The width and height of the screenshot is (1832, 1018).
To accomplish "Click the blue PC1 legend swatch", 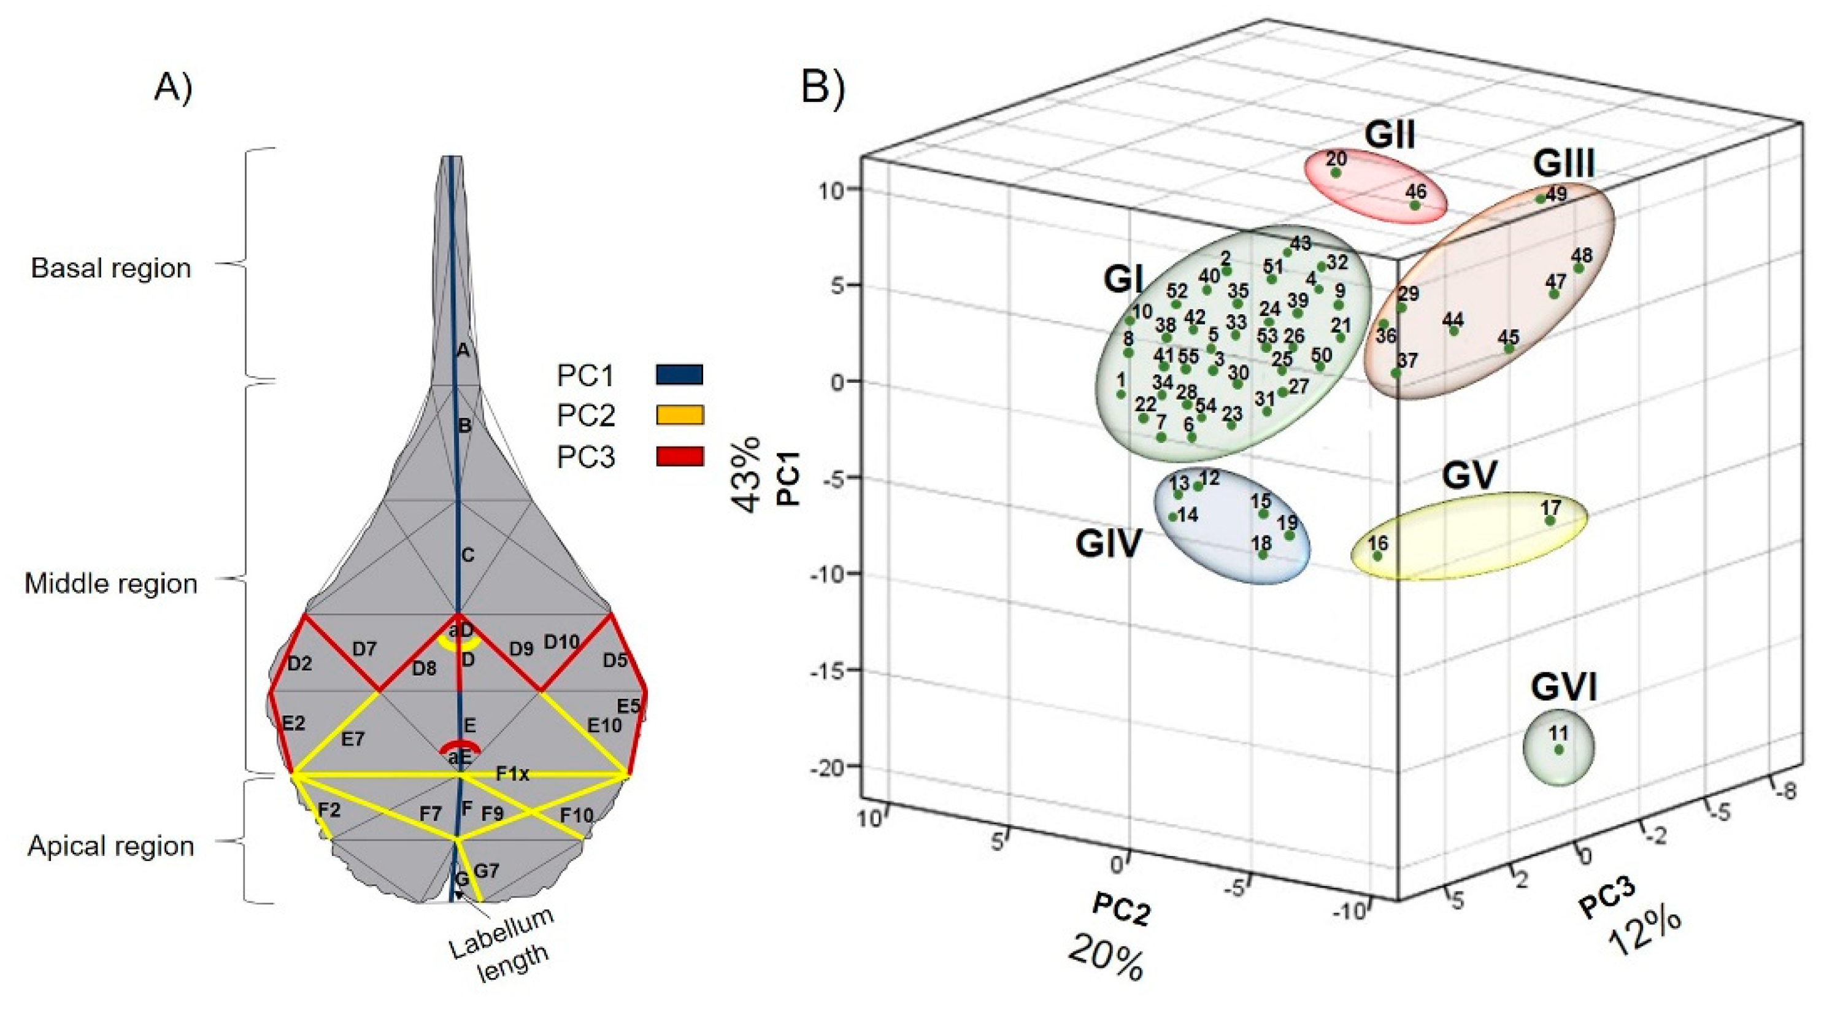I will (679, 374).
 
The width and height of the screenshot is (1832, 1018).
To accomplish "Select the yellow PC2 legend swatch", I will (679, 415).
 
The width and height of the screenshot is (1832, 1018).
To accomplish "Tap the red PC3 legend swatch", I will (679, 456).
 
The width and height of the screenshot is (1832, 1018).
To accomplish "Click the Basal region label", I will (111, 268).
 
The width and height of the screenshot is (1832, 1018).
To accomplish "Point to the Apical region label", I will (111, 846).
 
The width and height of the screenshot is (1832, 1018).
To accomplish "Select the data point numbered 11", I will (1559, 750).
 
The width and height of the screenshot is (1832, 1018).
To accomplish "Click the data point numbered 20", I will (1336, 173).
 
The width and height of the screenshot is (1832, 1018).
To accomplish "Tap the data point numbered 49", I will (1541, 199).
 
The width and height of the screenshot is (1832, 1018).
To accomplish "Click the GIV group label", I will (1108, 544).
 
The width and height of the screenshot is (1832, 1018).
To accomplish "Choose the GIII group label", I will (1564, 164).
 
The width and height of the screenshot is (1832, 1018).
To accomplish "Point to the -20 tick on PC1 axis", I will (828, 768).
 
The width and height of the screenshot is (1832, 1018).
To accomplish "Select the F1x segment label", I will (513, 774).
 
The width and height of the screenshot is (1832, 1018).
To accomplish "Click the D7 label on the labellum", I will (364, 649).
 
